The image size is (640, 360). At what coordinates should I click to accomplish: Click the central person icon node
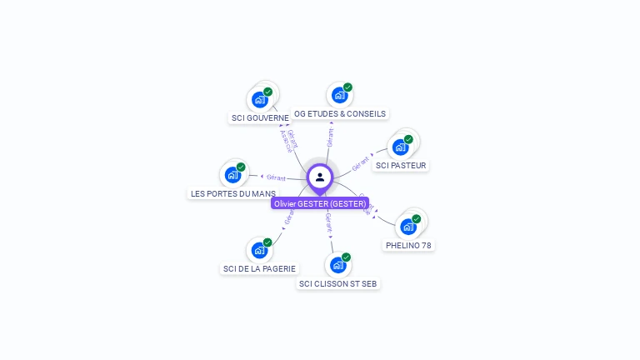[320, 177]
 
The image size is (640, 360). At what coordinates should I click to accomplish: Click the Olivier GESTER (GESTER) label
[320, 203]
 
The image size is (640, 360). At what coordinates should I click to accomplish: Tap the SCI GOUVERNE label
[260, 118]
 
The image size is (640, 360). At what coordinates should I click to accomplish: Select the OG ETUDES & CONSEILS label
[340, 113]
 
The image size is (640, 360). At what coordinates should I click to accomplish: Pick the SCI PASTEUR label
[401, 165]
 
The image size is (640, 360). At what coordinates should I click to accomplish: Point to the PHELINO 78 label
[408, 245]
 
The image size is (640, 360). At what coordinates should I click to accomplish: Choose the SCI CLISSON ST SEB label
[337, 283]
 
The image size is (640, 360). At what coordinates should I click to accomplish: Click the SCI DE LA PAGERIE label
[259, 268]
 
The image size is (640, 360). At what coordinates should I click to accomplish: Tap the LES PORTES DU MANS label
[233, 193]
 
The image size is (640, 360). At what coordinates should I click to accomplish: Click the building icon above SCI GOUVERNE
[259, 99]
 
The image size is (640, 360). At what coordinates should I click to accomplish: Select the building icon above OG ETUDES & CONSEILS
[339, 95]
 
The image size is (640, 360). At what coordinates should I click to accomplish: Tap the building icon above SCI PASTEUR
[400, 147]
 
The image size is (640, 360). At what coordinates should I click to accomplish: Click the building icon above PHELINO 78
[407, 227]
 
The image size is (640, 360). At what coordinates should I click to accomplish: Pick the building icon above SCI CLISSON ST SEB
[337, 265]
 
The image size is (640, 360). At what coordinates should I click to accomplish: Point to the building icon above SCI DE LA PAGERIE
[259, 250]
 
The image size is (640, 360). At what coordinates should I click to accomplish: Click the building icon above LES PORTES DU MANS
[232, 175]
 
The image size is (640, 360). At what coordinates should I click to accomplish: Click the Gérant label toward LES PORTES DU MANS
[276, 177]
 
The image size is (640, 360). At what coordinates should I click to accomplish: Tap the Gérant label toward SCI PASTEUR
[361, 162]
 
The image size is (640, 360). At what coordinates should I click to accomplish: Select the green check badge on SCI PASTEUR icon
[408, 139]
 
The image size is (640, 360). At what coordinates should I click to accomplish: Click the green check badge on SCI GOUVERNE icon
[267, 92]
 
